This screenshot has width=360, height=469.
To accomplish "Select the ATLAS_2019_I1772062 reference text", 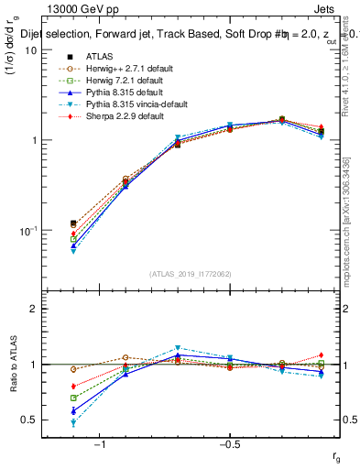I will point(191,274).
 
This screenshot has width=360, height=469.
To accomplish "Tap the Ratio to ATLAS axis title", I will point(13,364).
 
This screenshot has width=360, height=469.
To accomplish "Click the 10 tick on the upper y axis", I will point(30,50).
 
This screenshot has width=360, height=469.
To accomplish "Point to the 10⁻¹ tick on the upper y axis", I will point(27,231).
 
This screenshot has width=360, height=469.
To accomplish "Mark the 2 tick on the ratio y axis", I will point(33,309).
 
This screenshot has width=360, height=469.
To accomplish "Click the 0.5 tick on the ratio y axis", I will point(29,420).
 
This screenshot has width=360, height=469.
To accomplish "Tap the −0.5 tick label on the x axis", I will point(229,445).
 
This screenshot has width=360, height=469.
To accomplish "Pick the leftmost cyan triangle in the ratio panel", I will point(73,423).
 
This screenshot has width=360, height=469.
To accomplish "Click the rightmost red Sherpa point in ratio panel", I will point(321,355).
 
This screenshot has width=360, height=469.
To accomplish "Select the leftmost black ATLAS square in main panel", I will point(73,224).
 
